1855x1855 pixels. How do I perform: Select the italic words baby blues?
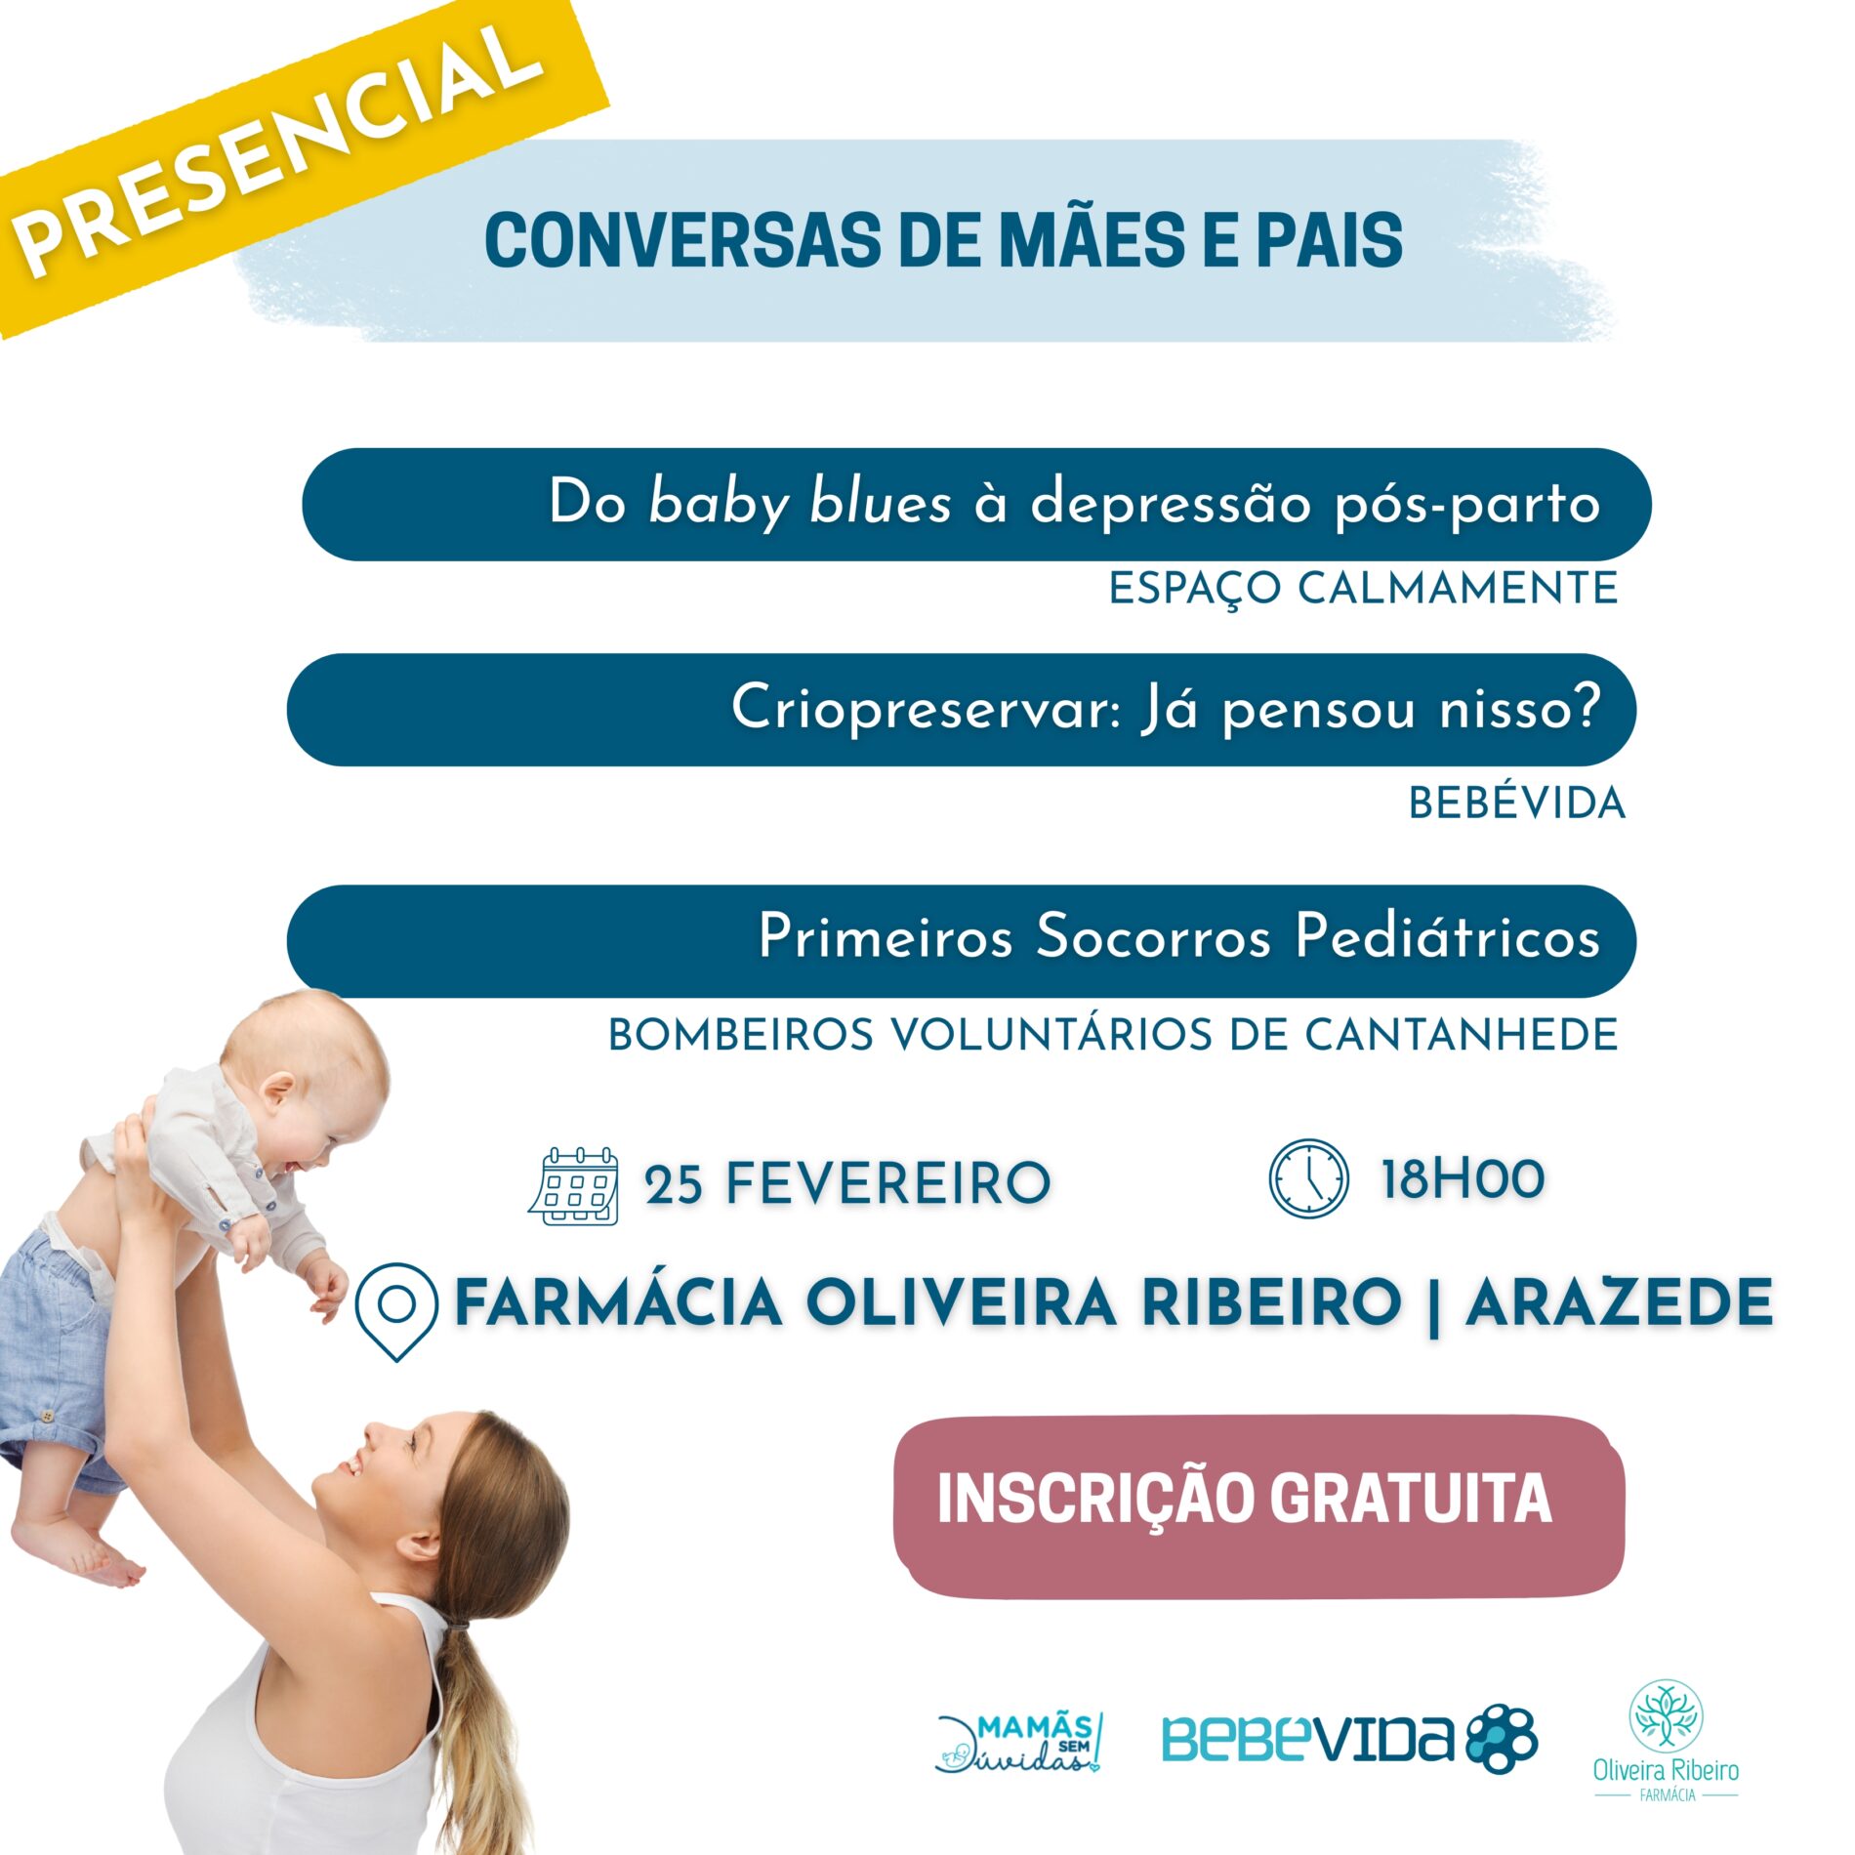click(x=800, y=504)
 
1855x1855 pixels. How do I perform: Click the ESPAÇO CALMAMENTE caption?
click(x=1363, y=589)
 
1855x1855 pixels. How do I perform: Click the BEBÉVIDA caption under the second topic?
click(x=1516, y=803)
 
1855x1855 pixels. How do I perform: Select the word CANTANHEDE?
click(x=1462, y=1035)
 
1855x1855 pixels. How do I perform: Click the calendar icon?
click(x=574, y=1186)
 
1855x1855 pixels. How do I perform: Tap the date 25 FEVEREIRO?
click(x=847, y=1184)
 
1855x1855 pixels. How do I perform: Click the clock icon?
click(x=1308, y=1178)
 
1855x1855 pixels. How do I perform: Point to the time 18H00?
click(x=1463, y=1178)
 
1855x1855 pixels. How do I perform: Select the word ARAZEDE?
click(x=1620, y=1302)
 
